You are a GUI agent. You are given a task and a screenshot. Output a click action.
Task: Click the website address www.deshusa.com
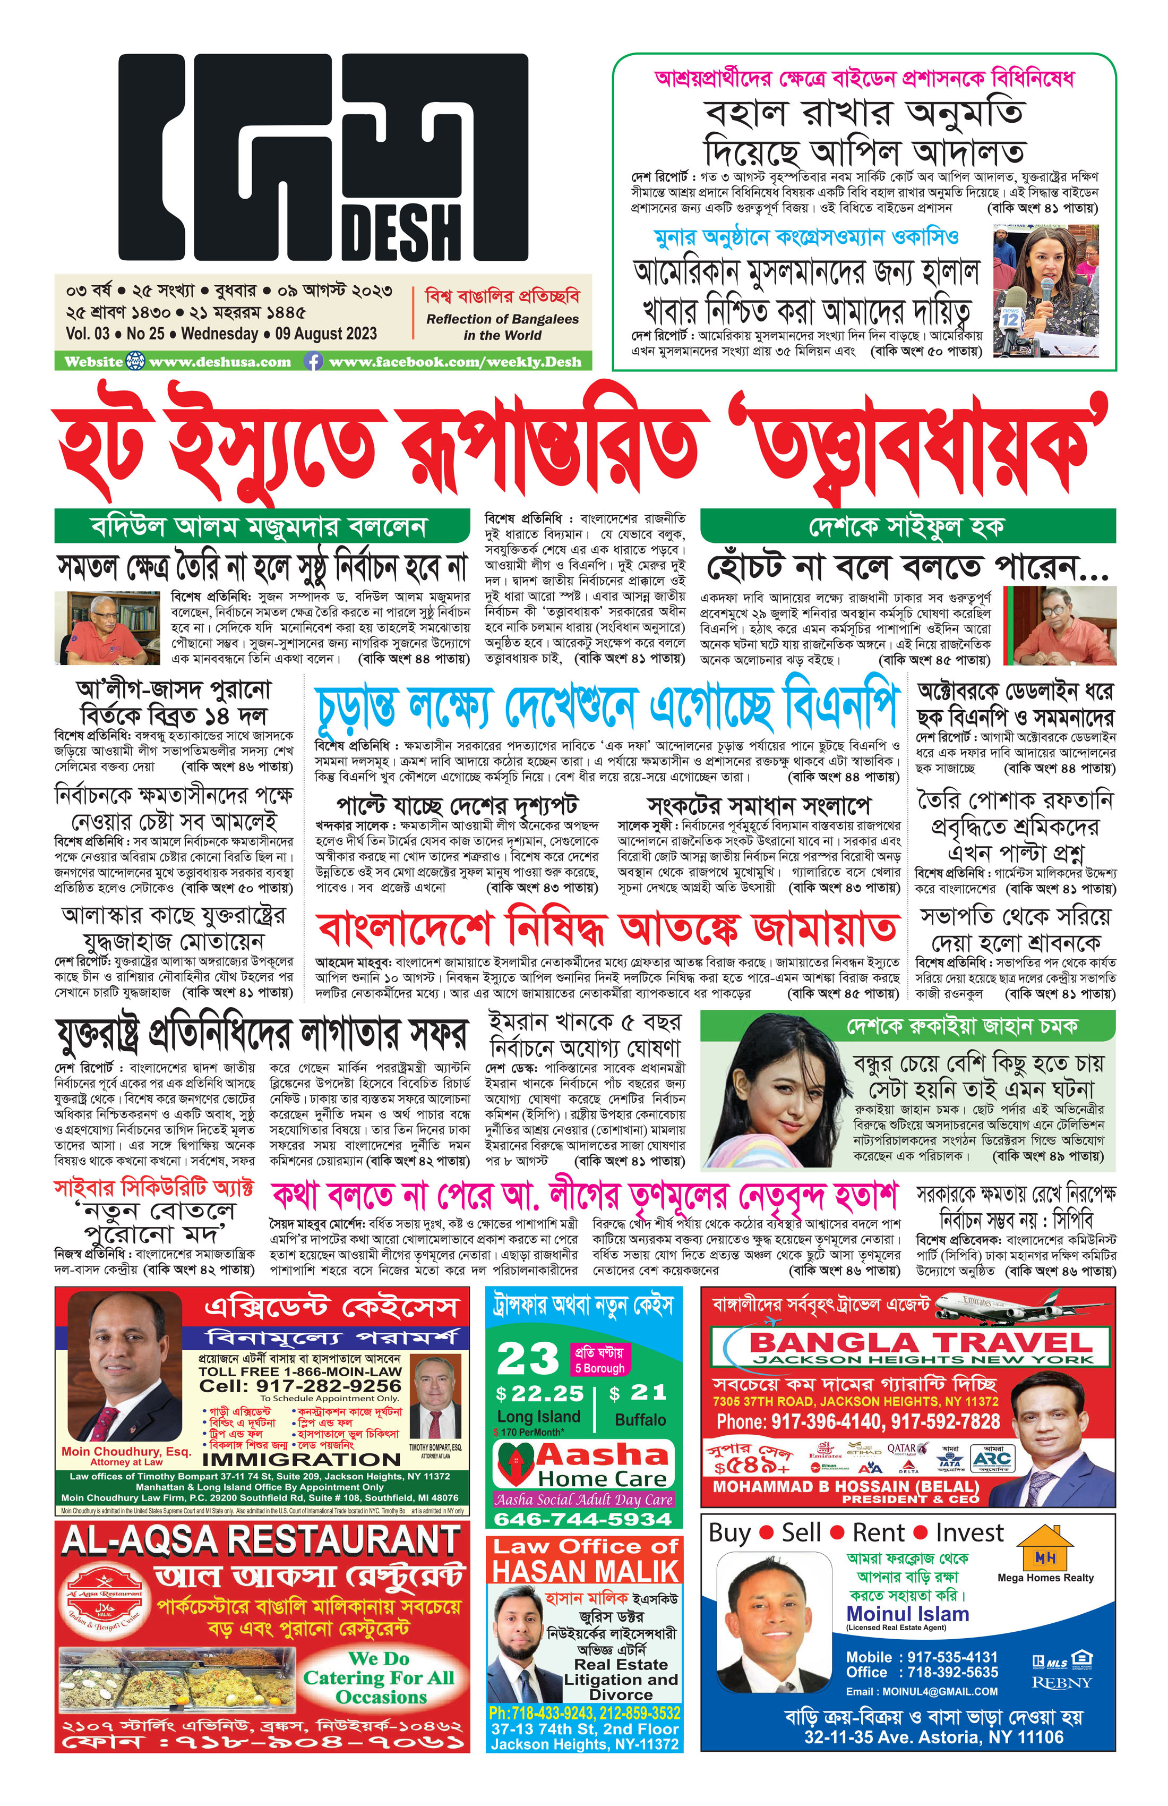pyautogui.click(x=220, y=362)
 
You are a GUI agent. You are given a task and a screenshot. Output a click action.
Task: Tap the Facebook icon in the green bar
pyautogui.click(x=313, y=362)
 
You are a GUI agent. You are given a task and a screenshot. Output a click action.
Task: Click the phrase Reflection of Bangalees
pyautogui.click(x=502, y=319)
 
